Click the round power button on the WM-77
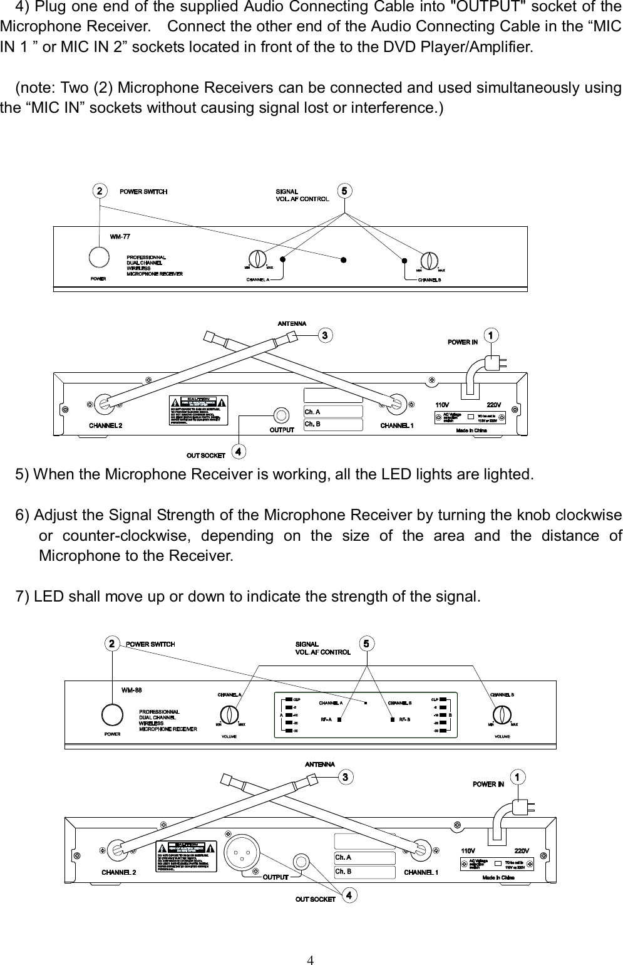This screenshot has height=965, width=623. (98, 257)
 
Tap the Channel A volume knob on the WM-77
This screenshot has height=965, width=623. (257, 260)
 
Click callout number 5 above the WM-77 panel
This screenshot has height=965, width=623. (343, 190)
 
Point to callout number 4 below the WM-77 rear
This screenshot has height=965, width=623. (238, 451)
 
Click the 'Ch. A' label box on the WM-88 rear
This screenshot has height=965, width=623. (365, 857)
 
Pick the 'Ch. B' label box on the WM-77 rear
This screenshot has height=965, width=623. (333, 424)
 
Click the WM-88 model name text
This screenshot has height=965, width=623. (131, 690)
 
